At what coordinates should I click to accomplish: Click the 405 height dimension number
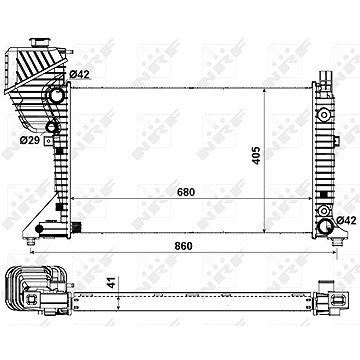tap(256, 155)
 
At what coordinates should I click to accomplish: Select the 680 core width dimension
tap(186, 192)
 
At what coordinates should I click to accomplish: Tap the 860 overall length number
tap(183, 246)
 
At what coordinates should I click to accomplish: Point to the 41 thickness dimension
tap(113, 282)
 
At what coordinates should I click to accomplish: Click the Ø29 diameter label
tap(29, 140)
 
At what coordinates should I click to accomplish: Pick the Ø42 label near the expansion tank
tap(80, 75)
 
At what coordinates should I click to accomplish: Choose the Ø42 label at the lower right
tap(347, 220)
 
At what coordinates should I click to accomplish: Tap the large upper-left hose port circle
tap(57, 95)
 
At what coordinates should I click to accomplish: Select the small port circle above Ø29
tap(51, 127)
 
